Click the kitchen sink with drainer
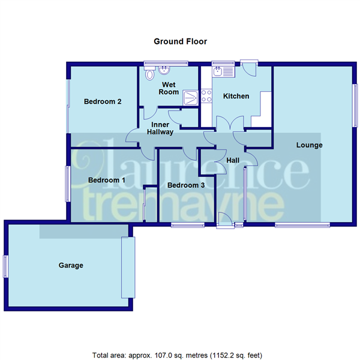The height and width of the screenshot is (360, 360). (x=223, y=71)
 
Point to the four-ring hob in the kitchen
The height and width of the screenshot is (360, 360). (x=206, y=95)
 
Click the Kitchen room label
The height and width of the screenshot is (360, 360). (x=236, y=96)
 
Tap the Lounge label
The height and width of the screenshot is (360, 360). (x=309, y=145)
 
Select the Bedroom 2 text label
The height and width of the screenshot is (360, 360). (x=103, y=102)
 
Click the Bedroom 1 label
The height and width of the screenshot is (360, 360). (x=106, y=180)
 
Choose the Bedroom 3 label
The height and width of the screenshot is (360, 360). (x=185, y=185)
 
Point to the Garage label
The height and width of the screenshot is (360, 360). (x=71, y=265)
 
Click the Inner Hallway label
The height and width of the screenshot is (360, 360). (x=159, y=128)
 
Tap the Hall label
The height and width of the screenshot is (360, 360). (x=233, y=160)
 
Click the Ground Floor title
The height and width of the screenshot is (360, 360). (x=180, y=41)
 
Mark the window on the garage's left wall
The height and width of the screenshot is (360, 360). (x=5, y=266)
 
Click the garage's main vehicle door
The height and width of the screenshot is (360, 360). (x=128, y=267)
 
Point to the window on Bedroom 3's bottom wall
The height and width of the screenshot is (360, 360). (x=188, y=225)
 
